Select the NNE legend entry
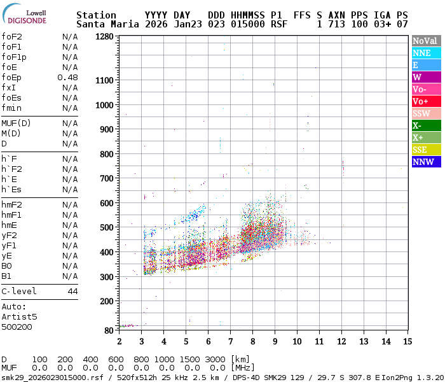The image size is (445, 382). [426, 53]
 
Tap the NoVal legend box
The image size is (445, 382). [426, 41]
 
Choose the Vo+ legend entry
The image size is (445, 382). [426, 101]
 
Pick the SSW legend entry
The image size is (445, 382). [426, 113]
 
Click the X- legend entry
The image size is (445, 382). [426, 125]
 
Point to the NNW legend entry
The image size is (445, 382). [426, 162]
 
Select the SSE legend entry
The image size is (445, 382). [426, 150]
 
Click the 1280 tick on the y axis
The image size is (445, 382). [105, 36]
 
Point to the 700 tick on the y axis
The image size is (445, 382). [107, 178]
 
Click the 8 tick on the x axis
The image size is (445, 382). [252, 341]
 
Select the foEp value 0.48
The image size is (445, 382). [68, 77]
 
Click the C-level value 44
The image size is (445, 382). [72, 291]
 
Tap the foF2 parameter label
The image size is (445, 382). [11, 36]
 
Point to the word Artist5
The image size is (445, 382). [19, 316]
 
